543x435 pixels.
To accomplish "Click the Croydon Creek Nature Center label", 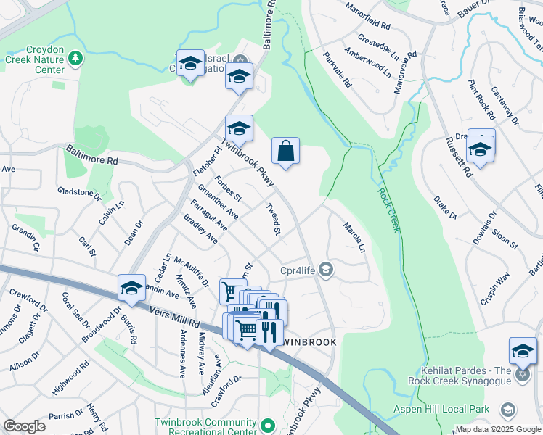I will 36,60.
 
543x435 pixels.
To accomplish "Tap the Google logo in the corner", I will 24,426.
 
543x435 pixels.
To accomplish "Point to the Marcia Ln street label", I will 353,237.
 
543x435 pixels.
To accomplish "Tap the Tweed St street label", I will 273,220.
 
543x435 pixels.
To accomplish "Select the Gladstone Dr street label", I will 80,193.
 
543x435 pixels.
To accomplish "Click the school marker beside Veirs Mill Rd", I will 131,288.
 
